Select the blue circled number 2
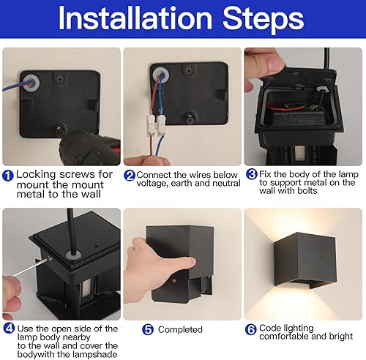(130, 176)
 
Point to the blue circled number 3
(252, 176)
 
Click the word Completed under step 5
(180, 329)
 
